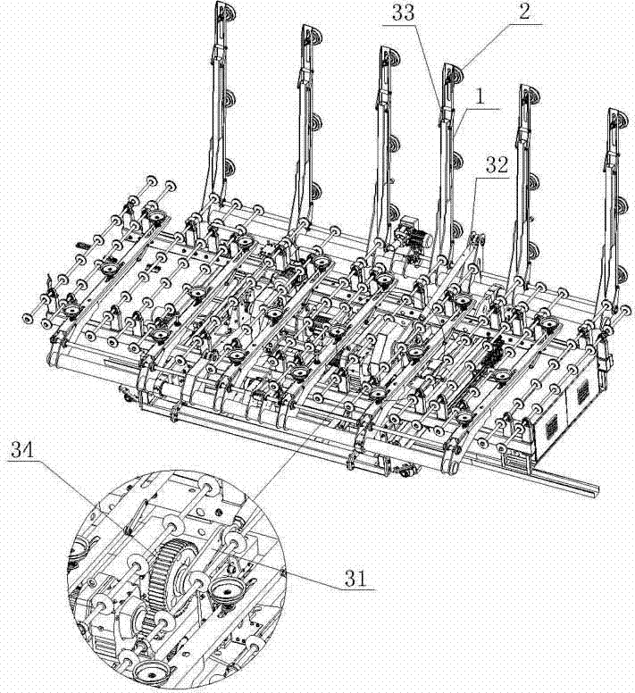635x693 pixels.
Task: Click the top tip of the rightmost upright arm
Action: (x=614, y=114)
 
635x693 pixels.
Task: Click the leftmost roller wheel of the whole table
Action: (x=26, y=315)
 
